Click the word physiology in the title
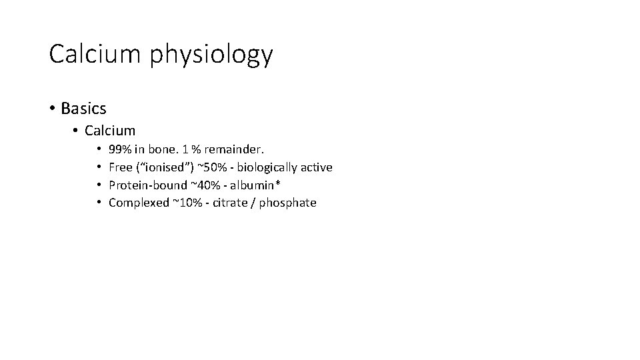pyautogui.click(x=211, y=56)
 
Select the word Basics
pyautogui.click(x=83, y=107)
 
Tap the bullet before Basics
pyautogui.click(x=52, y=107)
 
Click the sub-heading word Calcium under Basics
pyautogui.click(x=110, y=131)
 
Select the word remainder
pyautogui.click(x=236, y=149)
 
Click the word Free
pyautogui.click(x=121, y=167)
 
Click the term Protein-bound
pyautogui.click(x=148, y=185)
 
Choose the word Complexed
pyautogui.click(x=139, y=203)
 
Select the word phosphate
pyautogui.click(x=287, y=203)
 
